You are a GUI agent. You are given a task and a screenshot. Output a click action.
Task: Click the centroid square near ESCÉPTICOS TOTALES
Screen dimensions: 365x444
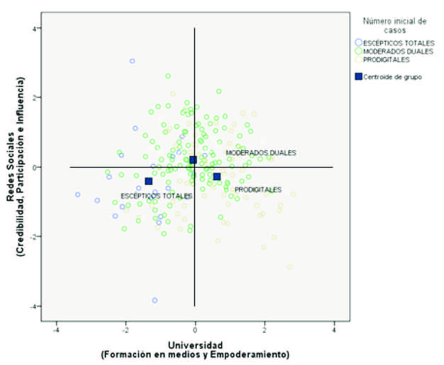(149, 182)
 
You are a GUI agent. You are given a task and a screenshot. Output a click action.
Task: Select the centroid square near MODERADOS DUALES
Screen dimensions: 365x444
(193, 160)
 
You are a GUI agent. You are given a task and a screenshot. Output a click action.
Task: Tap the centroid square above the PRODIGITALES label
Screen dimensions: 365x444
(217, 176)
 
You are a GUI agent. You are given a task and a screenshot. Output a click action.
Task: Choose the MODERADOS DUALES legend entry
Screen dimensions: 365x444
(394, 51)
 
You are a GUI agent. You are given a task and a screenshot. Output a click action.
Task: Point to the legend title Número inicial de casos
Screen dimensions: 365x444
(394, 26)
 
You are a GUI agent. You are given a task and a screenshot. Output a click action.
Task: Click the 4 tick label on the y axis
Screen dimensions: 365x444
(35, 28)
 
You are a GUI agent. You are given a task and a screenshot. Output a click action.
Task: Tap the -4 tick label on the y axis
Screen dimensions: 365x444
(34, 306)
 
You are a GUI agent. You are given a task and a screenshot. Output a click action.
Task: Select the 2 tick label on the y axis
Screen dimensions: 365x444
(35, 97)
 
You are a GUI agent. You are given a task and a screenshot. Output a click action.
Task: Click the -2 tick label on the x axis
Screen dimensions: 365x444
(125, 330)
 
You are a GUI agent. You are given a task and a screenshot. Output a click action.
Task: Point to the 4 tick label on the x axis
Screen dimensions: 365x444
(334, 330)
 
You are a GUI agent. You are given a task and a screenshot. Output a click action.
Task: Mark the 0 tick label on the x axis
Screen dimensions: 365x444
(195, 330)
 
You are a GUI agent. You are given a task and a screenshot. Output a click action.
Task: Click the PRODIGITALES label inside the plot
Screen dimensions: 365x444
(258, 190)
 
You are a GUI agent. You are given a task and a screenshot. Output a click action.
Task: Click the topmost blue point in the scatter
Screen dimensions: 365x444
(132, 61)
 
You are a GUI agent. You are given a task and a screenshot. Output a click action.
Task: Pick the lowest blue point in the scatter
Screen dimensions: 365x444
(155, 300)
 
